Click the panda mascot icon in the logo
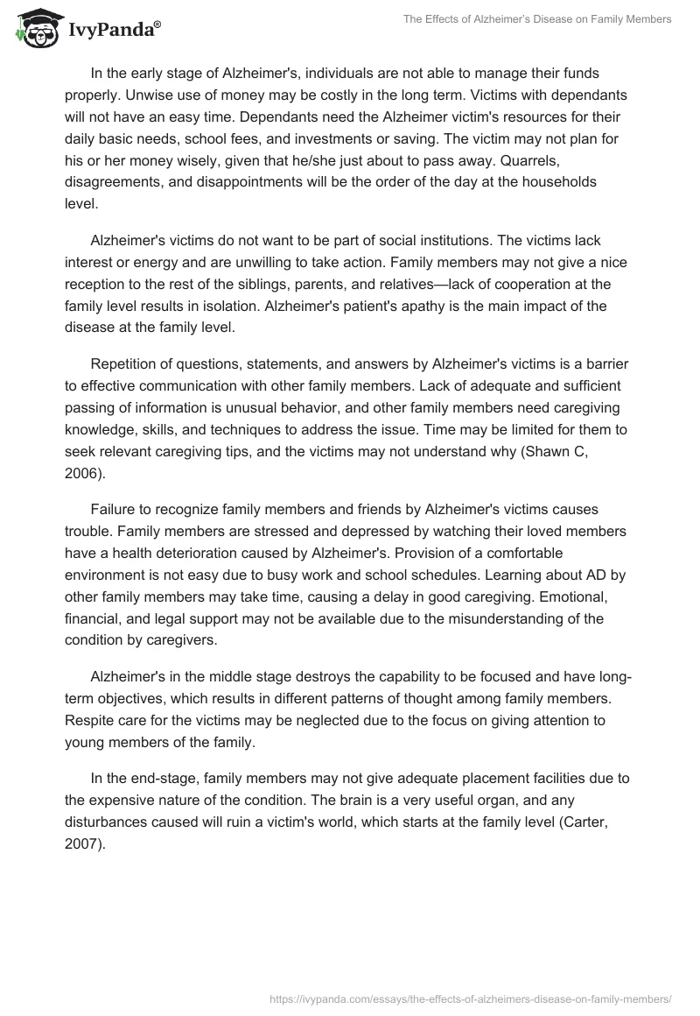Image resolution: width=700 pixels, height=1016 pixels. pos(32,28)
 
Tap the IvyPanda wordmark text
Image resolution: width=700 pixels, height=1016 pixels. pos(114,32)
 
